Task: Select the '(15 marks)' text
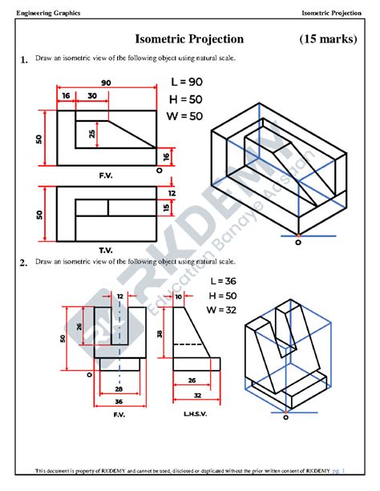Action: point(328,39)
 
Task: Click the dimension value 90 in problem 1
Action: point(106,83)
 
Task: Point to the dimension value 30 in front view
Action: point(93,95)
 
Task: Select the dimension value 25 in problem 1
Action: point(94,133)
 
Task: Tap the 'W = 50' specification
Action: point(187,116)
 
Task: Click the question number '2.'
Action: point(24,262)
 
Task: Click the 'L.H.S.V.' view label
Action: point(196,413)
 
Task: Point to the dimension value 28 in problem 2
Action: point(119,388)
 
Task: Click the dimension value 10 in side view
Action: point(177,296)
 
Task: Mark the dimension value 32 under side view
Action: point(196,396)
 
